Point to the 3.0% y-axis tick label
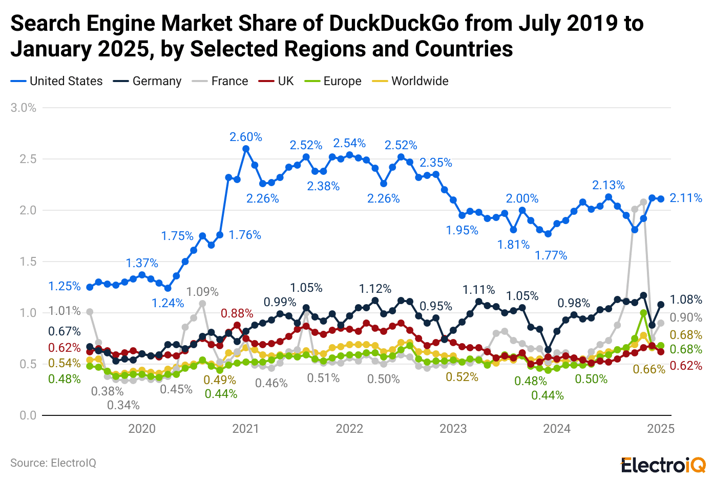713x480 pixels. pos(24,108)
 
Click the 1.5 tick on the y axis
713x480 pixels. pos(28,262)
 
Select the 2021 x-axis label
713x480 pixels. pos(245,429)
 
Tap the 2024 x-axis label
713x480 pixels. pos(557,429)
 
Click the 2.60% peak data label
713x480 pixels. pos(246,137)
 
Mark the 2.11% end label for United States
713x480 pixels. pos(686,198)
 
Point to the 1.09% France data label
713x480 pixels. pos(202,292)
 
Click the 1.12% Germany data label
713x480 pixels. pos(375,289)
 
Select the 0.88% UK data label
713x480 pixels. pos(237,313)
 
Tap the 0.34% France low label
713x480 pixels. pos(123,405)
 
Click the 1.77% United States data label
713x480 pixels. pos(551,255)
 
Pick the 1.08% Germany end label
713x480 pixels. pos(686,299)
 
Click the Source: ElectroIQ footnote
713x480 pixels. pos(53,463)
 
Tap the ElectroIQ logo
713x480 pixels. pos(663,465)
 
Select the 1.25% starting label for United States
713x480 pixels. pos(65,286)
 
